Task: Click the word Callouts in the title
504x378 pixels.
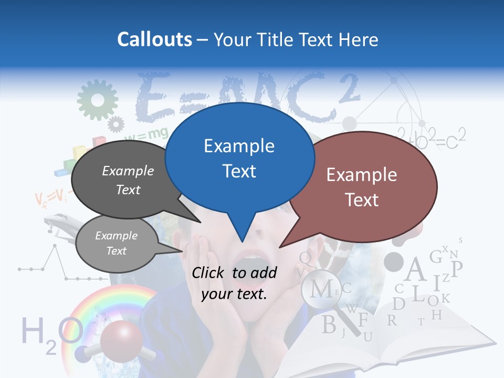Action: (x=154, y=39)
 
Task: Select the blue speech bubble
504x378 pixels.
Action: (x=239, y=157)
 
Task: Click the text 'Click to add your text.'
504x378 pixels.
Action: (x=234, y=283)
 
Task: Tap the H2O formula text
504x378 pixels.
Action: (x=45, y=334)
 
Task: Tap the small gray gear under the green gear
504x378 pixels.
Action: (x=115, y=124)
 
